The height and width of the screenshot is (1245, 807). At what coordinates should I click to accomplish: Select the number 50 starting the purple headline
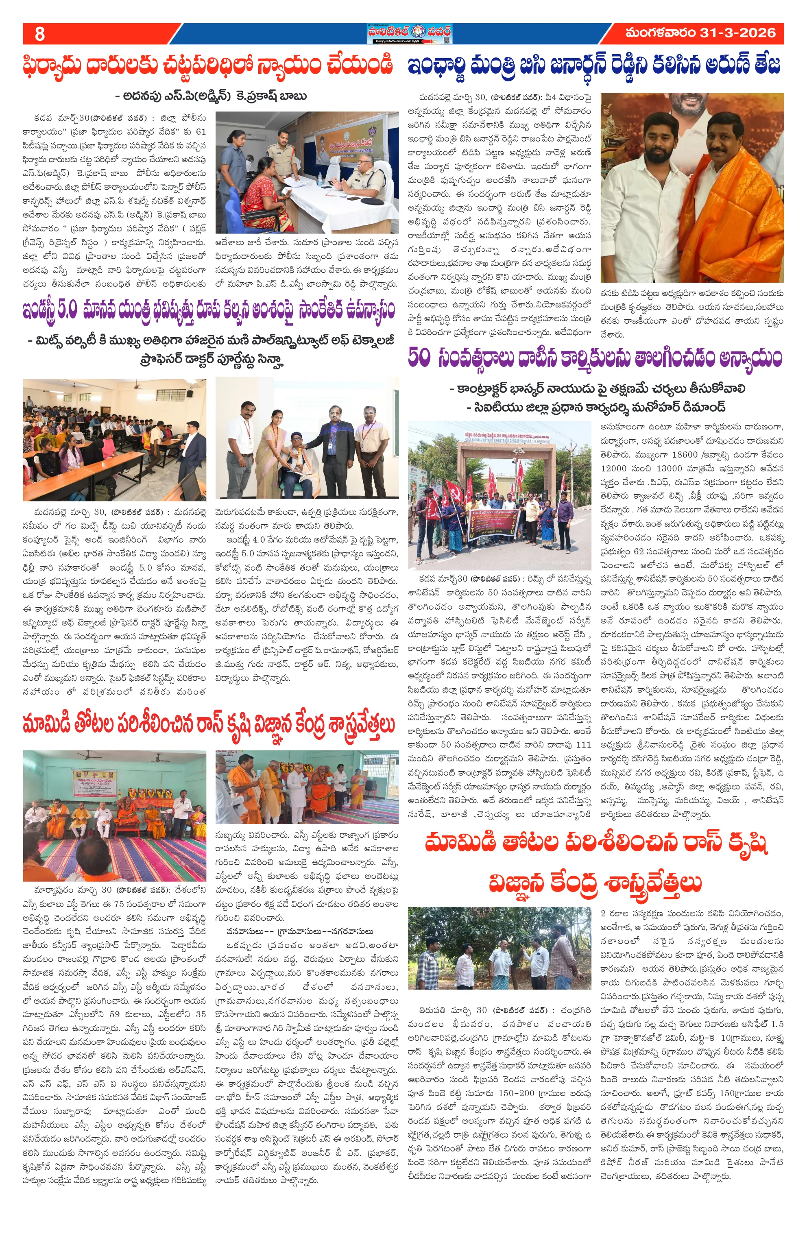pyautogui.click(x=419, y=358)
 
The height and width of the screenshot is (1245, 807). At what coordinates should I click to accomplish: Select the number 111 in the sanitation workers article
pyautogui.click(x=584, y=744)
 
